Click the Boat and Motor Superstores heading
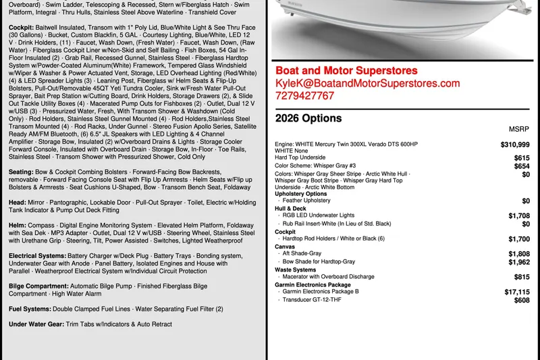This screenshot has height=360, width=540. click(346, 70)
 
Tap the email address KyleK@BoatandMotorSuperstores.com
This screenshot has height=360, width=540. click(367, 83)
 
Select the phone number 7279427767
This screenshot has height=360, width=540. click(304, 96)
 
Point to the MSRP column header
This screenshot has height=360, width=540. click(519, 129)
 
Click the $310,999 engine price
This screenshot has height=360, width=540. click(515, 145)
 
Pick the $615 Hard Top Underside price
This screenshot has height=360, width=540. click(521, 157)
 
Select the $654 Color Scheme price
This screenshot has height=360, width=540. click(521, 166)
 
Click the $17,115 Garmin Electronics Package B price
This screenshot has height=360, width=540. click(516, 292)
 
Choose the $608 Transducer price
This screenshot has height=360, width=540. click(521, 301)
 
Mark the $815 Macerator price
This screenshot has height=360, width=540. click(521, 277)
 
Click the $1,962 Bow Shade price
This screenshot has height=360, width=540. click(518, 262)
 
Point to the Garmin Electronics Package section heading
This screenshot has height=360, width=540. click(313, 284)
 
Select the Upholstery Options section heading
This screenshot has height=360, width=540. click(301, 194)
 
